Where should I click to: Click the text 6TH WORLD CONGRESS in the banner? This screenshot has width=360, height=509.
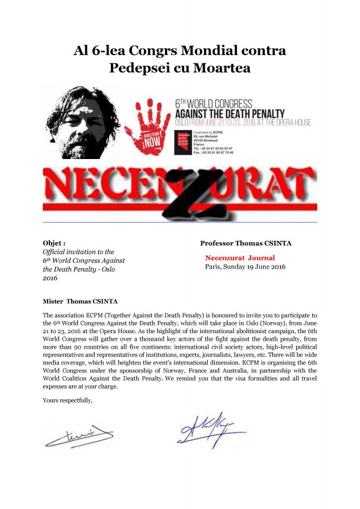tap(214, 104)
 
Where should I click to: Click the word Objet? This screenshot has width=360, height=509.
tap(54, 243)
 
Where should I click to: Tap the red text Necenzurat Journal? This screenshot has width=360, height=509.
tap(240, 258)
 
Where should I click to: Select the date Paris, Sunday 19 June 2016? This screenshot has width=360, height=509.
tap(245, 267)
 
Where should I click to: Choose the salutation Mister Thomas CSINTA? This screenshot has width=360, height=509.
tap(80, 301)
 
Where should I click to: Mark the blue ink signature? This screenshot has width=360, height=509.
tap(209, 432)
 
